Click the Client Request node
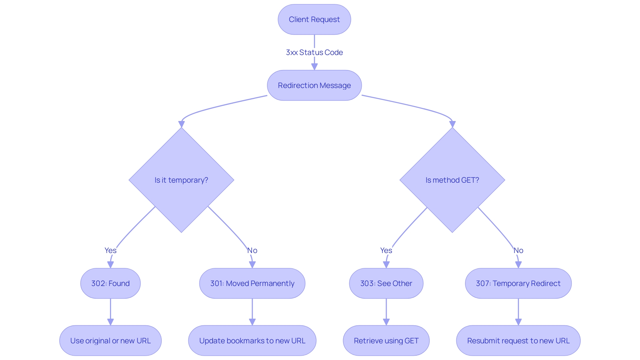tap(314, 19)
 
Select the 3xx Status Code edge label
tap(314, 52)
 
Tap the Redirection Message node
tap(314, 85)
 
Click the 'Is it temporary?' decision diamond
tap(181, 180)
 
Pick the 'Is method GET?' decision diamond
tap(452, 180)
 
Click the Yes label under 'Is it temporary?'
tap(110, 250)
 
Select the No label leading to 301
tap(252, 250)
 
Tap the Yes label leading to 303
tap(386, 250)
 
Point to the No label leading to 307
tap(518, 250)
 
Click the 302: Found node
tap(110, 283)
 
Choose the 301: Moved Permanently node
tap(252, 283)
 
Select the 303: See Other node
tap(386, 283)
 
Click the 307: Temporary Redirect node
tap(518, 283)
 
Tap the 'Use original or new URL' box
tap(110, 341)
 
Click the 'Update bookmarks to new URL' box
tap(252, 341)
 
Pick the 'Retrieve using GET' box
tap(386, 341)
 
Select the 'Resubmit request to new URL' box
tap(518, 341)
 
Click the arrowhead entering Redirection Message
tap(314, 66)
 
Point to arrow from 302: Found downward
tap(110, 312)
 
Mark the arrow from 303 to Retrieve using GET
tap(386, 312)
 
